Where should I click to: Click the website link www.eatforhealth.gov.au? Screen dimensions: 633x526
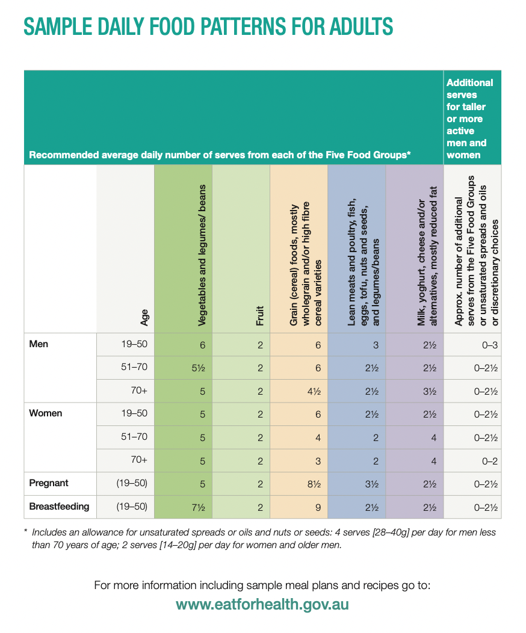tap(262, 604)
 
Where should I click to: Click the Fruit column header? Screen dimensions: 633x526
tap(260, 316)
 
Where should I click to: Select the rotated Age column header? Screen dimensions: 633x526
tap(144, 317)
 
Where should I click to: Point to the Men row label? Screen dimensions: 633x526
tap(39, 344)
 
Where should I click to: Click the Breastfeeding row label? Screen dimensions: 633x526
tap(59, 507)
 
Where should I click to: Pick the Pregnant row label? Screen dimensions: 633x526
tap(49, 483)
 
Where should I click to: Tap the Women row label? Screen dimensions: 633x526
tap(46, 413)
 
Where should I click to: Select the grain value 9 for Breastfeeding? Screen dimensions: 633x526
tap(318, 507)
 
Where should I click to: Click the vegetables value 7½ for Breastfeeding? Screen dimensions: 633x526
tap(199, 507)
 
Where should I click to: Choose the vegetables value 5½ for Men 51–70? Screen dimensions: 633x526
tap(199, 368)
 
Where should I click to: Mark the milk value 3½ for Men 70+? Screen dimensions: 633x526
tap(429, 391)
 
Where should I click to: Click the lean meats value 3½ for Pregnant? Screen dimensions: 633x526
tap(371, 484)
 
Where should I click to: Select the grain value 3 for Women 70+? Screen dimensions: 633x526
tap(318, 460)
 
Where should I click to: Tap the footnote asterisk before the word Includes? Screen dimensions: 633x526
tap(26, 533)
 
